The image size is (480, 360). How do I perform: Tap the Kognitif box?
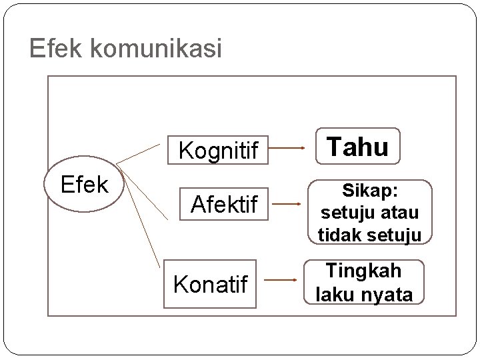(217, 151)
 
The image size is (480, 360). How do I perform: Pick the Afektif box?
(223, 205)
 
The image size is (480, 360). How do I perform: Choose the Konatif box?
(210, 284)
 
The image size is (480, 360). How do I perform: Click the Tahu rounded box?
(358, 146)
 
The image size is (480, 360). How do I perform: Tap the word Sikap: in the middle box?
(370, 191)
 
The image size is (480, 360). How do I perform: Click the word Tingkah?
(363, 271)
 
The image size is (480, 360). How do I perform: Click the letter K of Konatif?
(180, 284)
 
